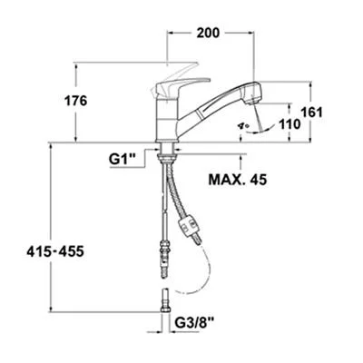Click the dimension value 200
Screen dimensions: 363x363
pyautogui.click(x=208, y=34)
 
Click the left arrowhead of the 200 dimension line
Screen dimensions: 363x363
pyautogui.click(x=169, y=34)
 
